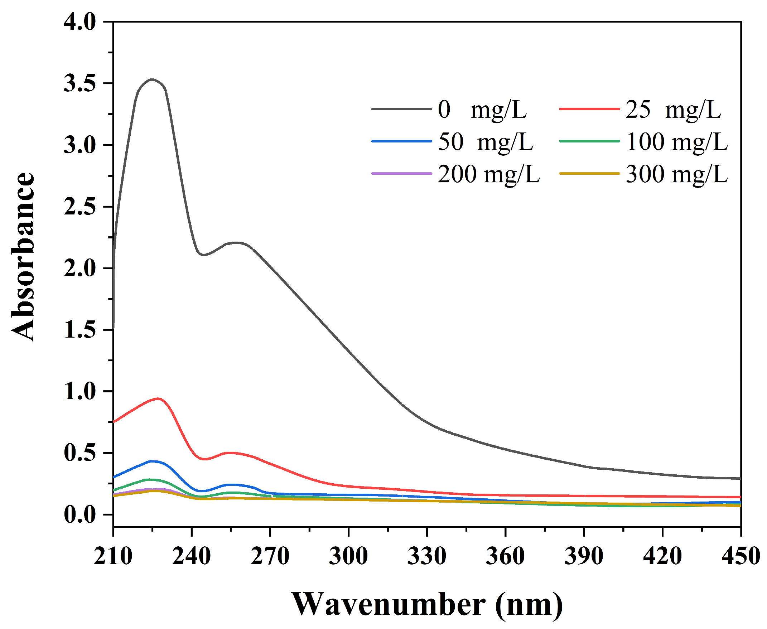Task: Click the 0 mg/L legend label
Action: click(482, 110)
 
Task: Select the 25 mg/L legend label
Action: click(673, 110)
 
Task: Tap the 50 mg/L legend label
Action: click(485, 142)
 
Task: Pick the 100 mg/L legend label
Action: click(676, 142)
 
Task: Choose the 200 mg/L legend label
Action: click(488, 174)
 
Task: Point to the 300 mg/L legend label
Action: click(676, 174)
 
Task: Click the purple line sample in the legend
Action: click(401, 174)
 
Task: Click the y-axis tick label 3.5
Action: click(80, 84)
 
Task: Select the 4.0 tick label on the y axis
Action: click(80, 22)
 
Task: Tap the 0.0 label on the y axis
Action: click(80, 515)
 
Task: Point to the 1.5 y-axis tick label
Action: click(80, 330)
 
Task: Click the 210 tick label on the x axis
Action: click(113, 556)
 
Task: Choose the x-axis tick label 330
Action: click(427, 556)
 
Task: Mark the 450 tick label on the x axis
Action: click(741, 556)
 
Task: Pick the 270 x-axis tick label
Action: click(270, 556)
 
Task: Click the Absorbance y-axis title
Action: click(23, 257)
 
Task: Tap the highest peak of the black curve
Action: click(152, 79)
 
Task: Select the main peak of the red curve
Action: click(158, 398)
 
